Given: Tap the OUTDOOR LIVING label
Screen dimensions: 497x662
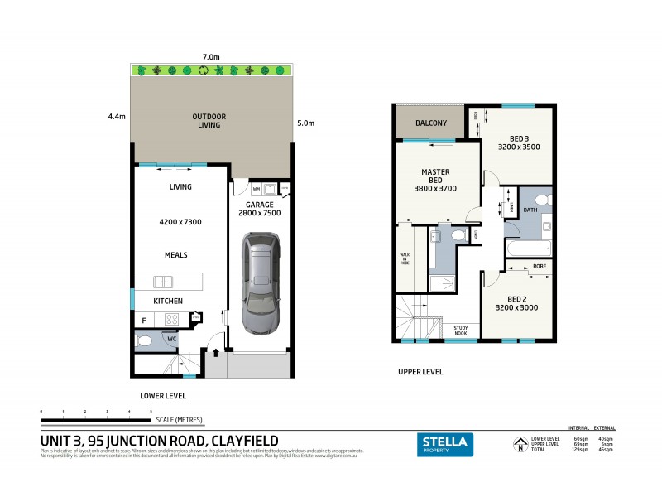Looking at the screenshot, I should tap(209, 121).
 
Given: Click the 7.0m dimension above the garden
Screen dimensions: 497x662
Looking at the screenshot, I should tap(211, 56).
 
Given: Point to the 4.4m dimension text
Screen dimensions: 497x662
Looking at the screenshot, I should tap(116, 116).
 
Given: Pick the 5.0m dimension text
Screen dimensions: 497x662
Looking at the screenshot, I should tap(305, 123).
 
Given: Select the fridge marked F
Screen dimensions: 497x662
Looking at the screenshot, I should tap(144, 319).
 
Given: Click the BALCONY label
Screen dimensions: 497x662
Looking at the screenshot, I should tap(431, 123).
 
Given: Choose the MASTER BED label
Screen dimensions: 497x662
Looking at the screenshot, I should tap(435, 180).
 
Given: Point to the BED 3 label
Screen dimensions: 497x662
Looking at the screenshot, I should tap(519, 142).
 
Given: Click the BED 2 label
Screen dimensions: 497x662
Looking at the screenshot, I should tap(518, 303).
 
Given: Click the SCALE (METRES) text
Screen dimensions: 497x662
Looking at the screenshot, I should tap(179, 420).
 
